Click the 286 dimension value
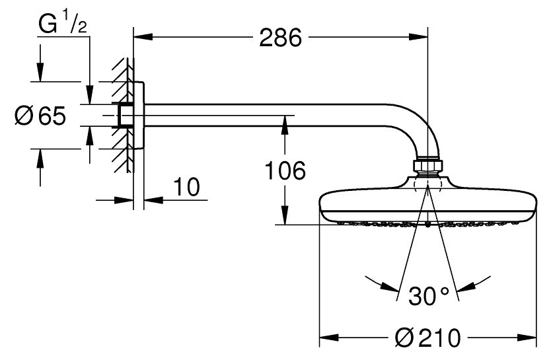pyautogui.click(x=280, y=38)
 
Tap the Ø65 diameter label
pyautogui.click(x=40, y=115)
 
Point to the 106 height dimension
pyautogui.click(x=285, y=170)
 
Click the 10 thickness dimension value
pyautogui.click(x=187, y=187)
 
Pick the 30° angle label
pyautogui.click(x=429, y=296)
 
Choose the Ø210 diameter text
pyautogui.click(x=427, y=338)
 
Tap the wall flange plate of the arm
pyautogui.click(x=139, y=116)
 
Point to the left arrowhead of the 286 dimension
pyautogui.click(x=143, y=37)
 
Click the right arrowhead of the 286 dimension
pyautogui.click(x=418, y=37)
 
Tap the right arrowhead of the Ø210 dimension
pyautogui.click(x=527, y=338)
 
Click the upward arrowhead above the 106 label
pyautogui.click(x=285, y=125)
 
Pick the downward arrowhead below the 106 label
pyautogui.click(x=285, y=215)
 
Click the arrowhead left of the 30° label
pyautogui.click(x=390, y=287)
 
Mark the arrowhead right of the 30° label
pyautogui.click(x=466, y=287)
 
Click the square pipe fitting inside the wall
pyautogui.click(x=126, y=115)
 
